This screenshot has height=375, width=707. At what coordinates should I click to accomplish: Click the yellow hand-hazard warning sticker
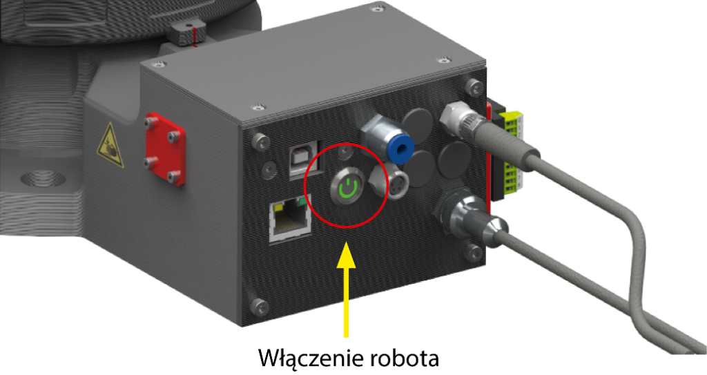coord(110,146)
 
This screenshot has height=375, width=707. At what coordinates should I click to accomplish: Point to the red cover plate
coord(165,149)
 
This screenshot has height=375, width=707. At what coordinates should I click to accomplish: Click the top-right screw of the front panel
coord(472,86)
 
